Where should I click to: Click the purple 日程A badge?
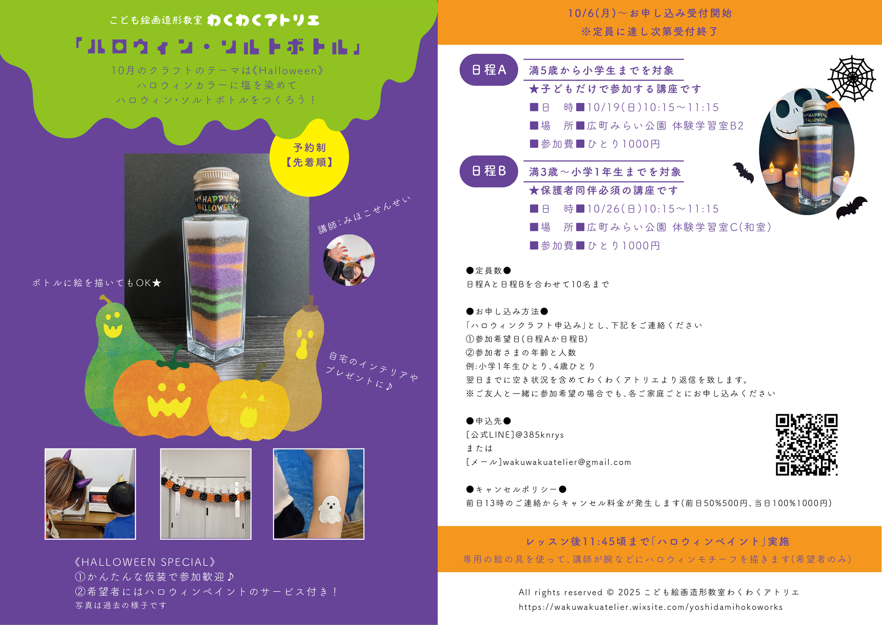pyautogui.click(x=489, y=70)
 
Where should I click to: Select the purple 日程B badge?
pyautogui.click(x=489, y=171)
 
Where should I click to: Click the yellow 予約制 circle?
pyautogui.click(x=310, y=158)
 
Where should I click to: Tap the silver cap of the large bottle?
pyautogui.click(x=216, y=179)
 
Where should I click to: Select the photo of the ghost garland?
pyautogui.click(x=206, y=494)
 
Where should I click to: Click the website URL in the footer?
pyautogui.click(x=650, y=607)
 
